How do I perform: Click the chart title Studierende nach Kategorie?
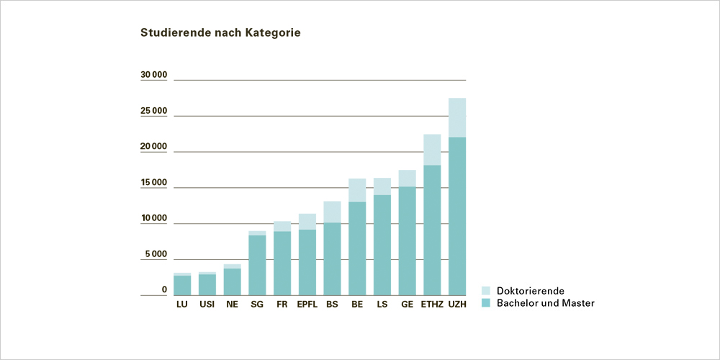point(220,33)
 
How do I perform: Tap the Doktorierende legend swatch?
point(485,291)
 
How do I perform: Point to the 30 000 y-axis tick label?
point(153,75)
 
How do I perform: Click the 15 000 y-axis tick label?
point(153,183)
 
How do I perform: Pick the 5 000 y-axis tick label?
point(156,254)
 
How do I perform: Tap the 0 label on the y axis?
point(164,290)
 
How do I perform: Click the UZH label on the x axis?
point(457,305)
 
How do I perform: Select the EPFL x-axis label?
point(307,305)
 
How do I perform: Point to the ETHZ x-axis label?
point(432,305)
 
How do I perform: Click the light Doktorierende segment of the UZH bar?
point(457,117)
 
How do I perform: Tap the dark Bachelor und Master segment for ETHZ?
point(432,230)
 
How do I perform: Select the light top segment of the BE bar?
point(357,190)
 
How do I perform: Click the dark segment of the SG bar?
point(257,265)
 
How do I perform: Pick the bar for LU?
point(182,285)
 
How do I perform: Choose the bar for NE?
point(232,282)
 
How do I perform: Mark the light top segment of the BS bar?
point(332,212)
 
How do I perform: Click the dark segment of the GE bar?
point(407,241)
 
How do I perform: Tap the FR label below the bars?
point(282,305)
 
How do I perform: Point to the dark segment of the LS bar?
point(382,245)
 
